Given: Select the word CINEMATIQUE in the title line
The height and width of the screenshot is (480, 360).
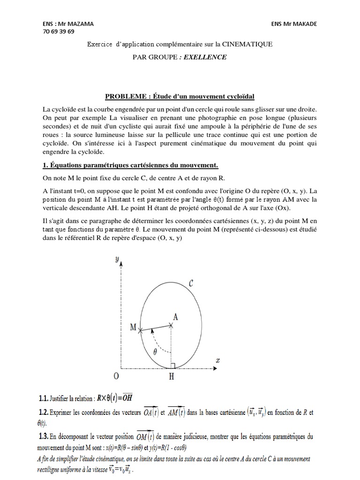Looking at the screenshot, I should pos(248,44).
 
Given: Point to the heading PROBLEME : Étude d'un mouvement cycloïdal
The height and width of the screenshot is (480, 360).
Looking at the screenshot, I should pos(180,97).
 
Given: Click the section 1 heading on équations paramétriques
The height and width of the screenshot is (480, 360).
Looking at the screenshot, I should pos(130,165).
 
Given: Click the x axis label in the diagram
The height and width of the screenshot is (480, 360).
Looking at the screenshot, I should pos(217,360).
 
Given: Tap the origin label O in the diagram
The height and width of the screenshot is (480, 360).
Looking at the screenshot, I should pos(116,376).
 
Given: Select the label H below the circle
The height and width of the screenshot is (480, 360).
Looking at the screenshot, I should pos(172,376).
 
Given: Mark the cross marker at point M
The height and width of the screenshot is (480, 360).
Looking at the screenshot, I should pos(140,331).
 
